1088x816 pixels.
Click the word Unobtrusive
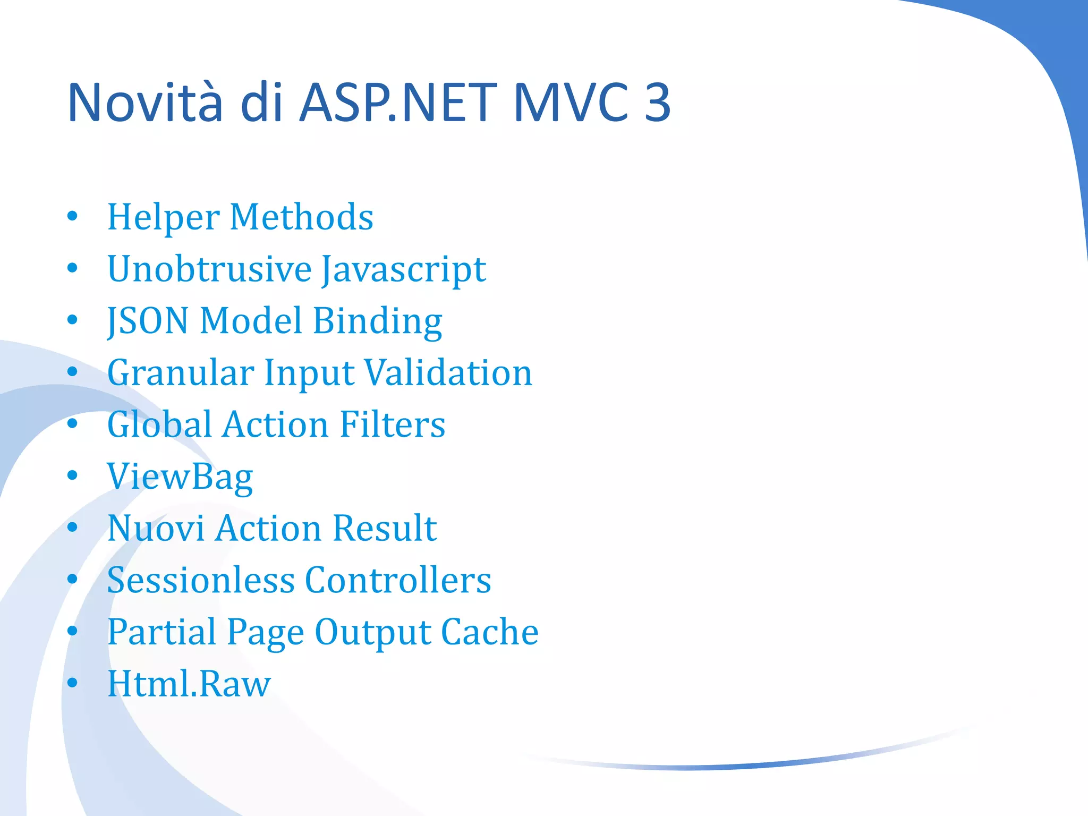pos(209,269)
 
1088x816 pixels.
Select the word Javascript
pos(404,270)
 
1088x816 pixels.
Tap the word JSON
pos(148,321)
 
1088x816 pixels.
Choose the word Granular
pos(181,373)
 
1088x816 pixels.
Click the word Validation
pos(449,373)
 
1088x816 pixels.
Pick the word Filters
pos(392,424)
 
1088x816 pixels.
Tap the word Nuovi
pos(156,529)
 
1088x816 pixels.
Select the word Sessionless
pos(201,580)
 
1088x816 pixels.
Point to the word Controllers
pos(398,580)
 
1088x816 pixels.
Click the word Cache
pos(490,632)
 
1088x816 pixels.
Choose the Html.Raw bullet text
pos(189,684)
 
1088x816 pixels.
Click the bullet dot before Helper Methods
pos(73,216)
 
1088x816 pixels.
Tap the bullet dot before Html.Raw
pos(73,682)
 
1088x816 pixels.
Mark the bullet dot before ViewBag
pos(73,475)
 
